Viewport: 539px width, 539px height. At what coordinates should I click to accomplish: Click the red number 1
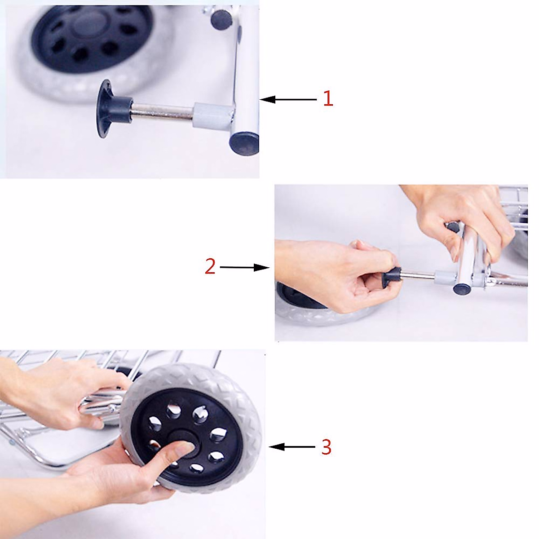point(328,99)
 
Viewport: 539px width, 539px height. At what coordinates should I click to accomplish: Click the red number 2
point(210,266)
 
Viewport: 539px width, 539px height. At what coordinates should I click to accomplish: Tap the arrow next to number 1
point(288,99)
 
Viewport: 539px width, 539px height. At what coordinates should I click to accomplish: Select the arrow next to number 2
point(244,267)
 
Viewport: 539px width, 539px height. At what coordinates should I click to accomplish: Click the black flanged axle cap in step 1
point(112,109)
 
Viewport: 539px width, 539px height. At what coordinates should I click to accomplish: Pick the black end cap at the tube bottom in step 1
point(244,144)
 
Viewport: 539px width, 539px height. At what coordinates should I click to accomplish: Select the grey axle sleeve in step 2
point(445,278)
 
